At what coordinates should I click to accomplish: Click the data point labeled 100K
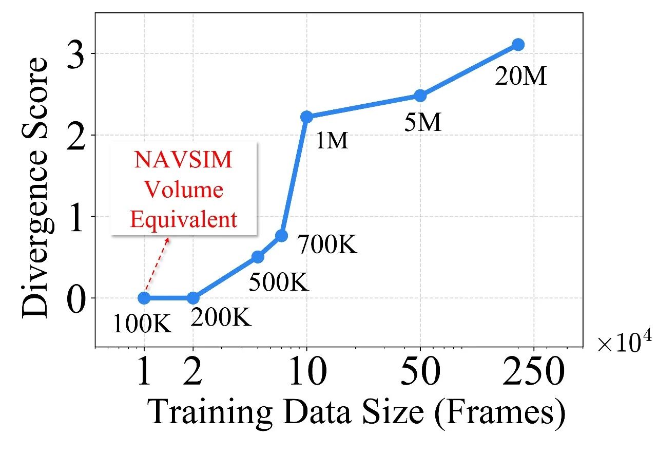pos(144,298)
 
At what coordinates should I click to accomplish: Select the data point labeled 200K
pos(193,298)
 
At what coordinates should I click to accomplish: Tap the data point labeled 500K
pos(258,257)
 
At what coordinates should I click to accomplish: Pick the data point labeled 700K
pos(281,236)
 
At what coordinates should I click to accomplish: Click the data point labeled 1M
pos(306,117)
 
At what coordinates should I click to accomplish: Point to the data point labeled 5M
pos(420,96)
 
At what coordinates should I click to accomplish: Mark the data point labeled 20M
pos(518,45)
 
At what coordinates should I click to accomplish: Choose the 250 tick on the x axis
pos(534,373)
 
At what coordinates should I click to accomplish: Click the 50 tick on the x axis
pos(420,373)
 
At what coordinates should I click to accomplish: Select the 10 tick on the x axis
pos(306,373)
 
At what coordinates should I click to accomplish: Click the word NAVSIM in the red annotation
pos(183,160)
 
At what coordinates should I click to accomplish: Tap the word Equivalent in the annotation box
pos(183,220)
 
